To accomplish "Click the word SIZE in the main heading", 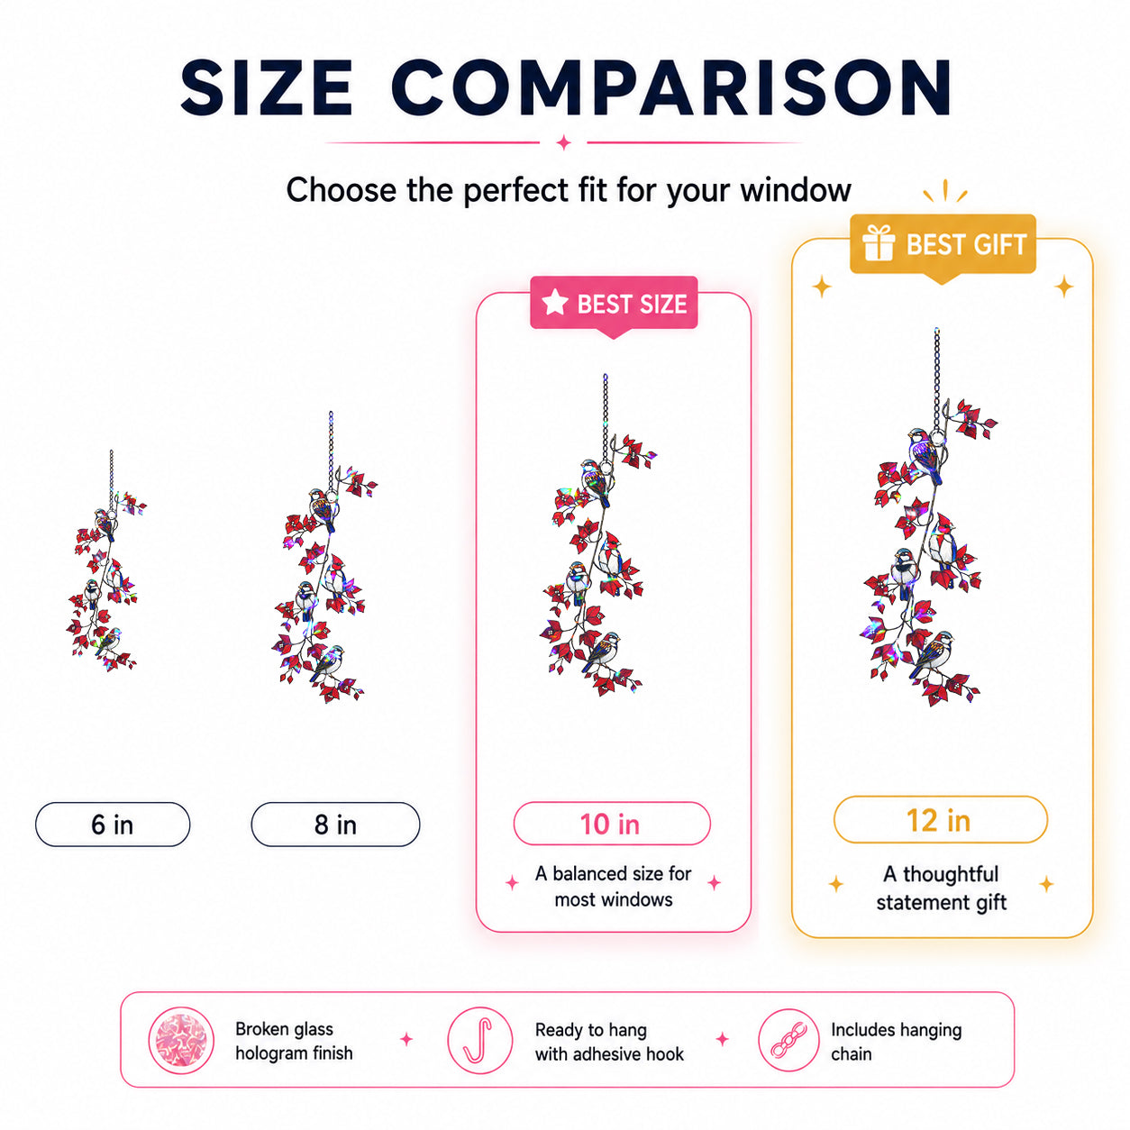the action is click(x=267, y=87).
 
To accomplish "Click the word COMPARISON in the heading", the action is click(x=670, y=87).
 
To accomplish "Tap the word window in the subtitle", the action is click(x=795, y=190).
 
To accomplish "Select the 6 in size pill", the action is click(x=113, y=824).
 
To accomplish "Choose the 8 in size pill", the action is click(x=335, y=824).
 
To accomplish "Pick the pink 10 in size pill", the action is click(x=612, y=824).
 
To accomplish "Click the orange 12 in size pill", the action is click(x=940, y=819).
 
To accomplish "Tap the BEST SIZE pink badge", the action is click(x=614, y=304).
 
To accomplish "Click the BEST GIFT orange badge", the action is click(x=943, y=245).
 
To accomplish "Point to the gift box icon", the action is click(x=879, y=242).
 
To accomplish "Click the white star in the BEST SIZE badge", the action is click(x=555, y=302).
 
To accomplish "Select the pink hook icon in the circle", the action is click(x=480, y=1040).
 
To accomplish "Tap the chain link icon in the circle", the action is click(x=788, y=1040).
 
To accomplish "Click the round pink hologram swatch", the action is click(x=180, y=1040).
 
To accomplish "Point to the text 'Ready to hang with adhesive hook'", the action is click(x=608, y=1041).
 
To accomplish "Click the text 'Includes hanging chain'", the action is click(x=896, y=1041).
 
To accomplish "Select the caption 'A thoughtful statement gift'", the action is click(x=941, y=888).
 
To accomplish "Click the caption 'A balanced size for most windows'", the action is click(x=614, y=886).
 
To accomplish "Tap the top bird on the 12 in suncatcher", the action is click(x=925, y=454).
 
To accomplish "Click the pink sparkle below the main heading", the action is click(x=563, y=141).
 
